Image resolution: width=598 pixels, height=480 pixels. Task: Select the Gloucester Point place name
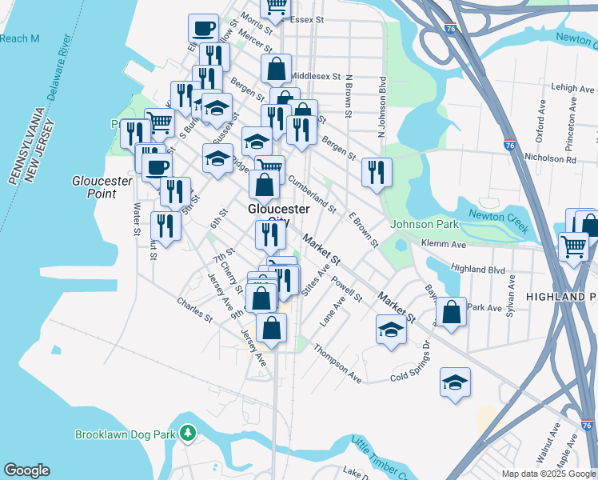click(x=102, y=188)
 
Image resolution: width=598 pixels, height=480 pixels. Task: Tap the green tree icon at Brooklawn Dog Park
click(x=187, y=433)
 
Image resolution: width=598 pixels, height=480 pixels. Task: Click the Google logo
click(x=26, y=470)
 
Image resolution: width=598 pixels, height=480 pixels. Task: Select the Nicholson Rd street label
click(x=548, y=159)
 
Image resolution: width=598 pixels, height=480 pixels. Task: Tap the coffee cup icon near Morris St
click(x=203, y=28)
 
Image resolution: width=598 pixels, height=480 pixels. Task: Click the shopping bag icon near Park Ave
click(x=452, y=313)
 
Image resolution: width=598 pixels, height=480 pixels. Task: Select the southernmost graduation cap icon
click(x=455, y=382)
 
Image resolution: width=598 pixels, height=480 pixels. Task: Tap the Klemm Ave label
click(x=448, y=243)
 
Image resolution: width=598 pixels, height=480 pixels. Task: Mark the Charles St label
click(x=194, y=311)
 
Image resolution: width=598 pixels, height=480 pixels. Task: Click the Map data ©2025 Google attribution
click(x=548, y=473)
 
